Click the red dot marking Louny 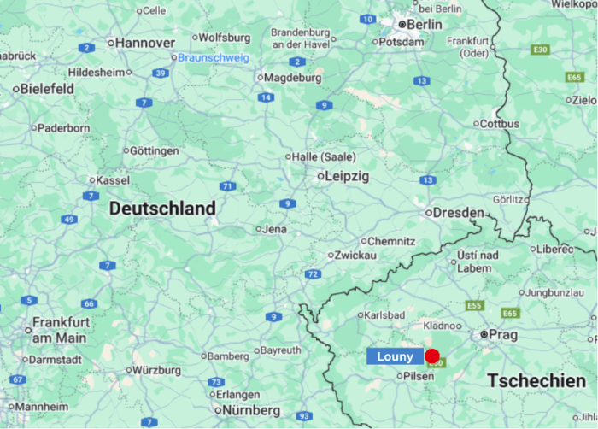pos(432,356)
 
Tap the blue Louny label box pos(395,357)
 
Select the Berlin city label pos(425,24)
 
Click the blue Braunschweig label pos(213,58)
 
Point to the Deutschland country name pos(162,209)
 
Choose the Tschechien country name pos(537,379)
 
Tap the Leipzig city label pos(347,177)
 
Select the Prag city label pos(503,335)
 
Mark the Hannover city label pos(144,43)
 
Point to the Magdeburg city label pos(293,78)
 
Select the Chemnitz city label pos(391,242)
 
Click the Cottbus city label pos(500,124)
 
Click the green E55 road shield pos(474,305)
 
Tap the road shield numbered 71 pos(227,186)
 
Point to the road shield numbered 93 pos(305,416)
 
